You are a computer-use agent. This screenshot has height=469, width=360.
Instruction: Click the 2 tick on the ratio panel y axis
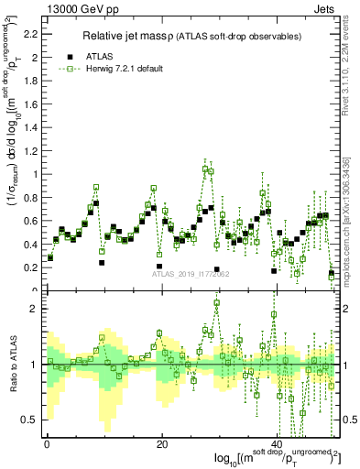[37, 309]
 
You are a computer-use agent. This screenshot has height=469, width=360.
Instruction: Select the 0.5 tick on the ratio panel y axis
[33, 420]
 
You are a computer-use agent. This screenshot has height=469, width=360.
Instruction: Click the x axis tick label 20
[162, 444]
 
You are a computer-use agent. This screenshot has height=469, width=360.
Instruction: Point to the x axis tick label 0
[47, 444]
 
